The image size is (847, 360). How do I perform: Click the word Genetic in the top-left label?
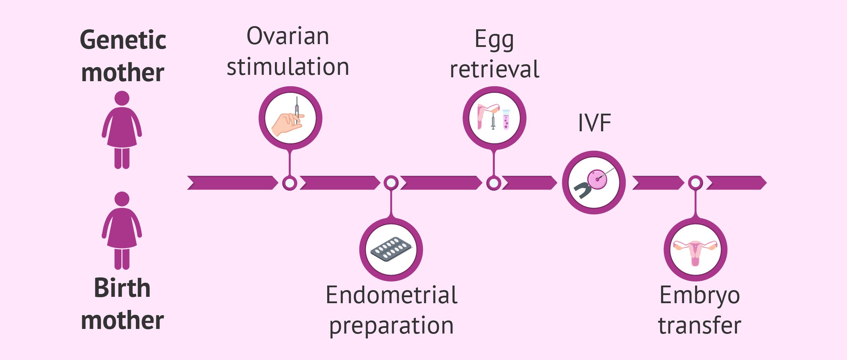(123, 40)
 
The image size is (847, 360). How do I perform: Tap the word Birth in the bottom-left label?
(122, 288)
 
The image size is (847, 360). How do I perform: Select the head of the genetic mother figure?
(122, 98)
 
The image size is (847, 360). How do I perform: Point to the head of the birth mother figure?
(122, 199)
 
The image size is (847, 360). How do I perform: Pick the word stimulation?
(288, 67)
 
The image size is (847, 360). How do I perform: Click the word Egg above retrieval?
(494, 40)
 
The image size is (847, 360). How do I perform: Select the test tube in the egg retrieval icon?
(506, 119)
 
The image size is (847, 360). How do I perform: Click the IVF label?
(594, 123)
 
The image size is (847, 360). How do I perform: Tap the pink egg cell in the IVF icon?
(597, 180)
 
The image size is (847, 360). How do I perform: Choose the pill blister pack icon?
(391, 249)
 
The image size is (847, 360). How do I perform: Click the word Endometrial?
(391, 295)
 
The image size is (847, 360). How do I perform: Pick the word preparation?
(391, 325)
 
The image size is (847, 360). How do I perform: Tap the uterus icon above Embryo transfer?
(695, 251)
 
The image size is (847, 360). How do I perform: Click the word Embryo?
(699, 295)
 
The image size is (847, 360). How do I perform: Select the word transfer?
(699, 325)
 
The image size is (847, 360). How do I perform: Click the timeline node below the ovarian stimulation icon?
(290, 183)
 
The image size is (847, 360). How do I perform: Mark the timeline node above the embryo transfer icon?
(695, 183)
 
